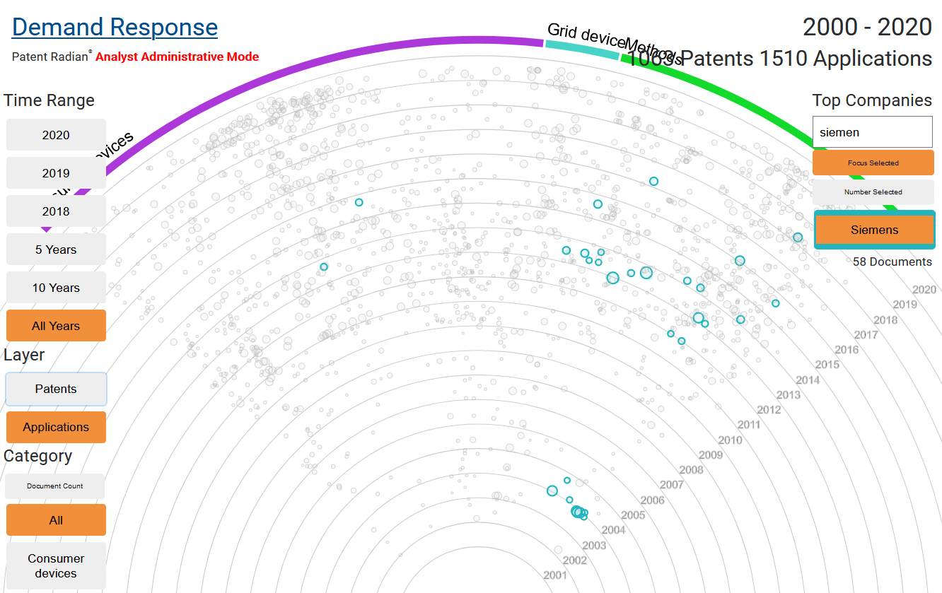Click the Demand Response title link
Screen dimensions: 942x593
(115, 28)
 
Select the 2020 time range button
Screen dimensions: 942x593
(56, 135)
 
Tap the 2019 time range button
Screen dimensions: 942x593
(56, 173)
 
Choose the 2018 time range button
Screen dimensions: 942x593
(56, 211)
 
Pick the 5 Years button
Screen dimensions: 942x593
(56, 249)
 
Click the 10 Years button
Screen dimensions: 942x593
(56, 288)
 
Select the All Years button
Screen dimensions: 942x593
(56, 326)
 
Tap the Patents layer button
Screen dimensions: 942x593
(56, 389)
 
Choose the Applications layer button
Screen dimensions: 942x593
(56, 427)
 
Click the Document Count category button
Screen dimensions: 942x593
(55, 486)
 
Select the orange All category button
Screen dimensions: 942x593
(56, 520)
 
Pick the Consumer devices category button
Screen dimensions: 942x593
(56, 565)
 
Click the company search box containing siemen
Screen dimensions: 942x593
(873, 132)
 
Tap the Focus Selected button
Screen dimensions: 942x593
(873, 163)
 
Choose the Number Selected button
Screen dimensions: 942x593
(873, 192)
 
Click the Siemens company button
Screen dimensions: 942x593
(874, 230)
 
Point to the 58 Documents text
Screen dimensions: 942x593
(892, 262)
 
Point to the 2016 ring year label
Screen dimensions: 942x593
(847, 350)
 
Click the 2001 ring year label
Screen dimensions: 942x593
(555, 575)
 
